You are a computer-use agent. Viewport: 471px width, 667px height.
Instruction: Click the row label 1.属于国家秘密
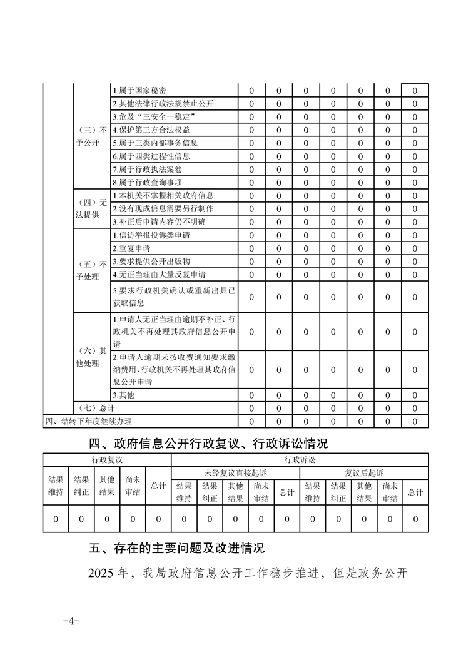[139, 91]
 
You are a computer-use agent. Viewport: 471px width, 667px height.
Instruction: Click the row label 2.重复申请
[131, 248]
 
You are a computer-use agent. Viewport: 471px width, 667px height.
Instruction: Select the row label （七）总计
[91, 408]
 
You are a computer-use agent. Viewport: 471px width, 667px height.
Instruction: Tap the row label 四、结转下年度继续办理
[88, 421]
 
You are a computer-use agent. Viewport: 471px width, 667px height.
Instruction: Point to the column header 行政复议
[107, 460]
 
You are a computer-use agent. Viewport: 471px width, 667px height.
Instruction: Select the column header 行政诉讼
[300, 460]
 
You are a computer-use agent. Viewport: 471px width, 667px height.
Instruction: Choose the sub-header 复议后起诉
[364, 472]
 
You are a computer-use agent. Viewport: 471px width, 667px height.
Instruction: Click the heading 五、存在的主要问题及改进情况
[177, 548]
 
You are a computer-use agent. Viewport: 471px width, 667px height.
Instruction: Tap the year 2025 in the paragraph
[101, 573]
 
